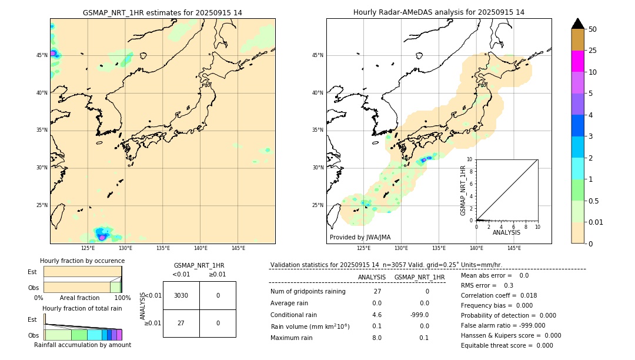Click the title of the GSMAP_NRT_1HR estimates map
(x=162, y=12)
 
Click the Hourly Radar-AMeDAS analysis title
(x=439, y=12)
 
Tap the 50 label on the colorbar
(x=593, y=29)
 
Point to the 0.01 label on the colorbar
(x=596, y=222)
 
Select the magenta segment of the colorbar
(x=577, y=61)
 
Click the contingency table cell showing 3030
(x=181, y=295)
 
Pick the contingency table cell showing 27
(x=181, y=323)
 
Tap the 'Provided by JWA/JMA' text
(x=360, y=237)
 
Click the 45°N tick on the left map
(x=42, y=55)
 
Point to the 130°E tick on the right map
(x=401, y=248)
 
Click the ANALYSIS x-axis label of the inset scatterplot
(x=506, y=232)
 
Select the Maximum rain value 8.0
(x=376, y=338)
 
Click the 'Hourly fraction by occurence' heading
(x=82, y=261)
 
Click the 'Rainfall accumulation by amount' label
(x=82, y=345)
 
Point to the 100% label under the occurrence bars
(x=122, y=298)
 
